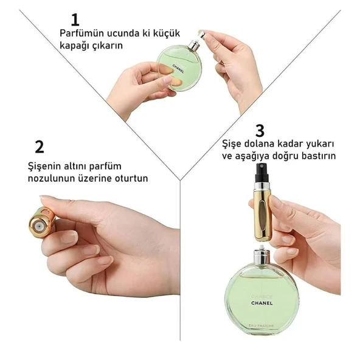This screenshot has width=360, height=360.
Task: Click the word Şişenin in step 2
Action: [46, 166]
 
